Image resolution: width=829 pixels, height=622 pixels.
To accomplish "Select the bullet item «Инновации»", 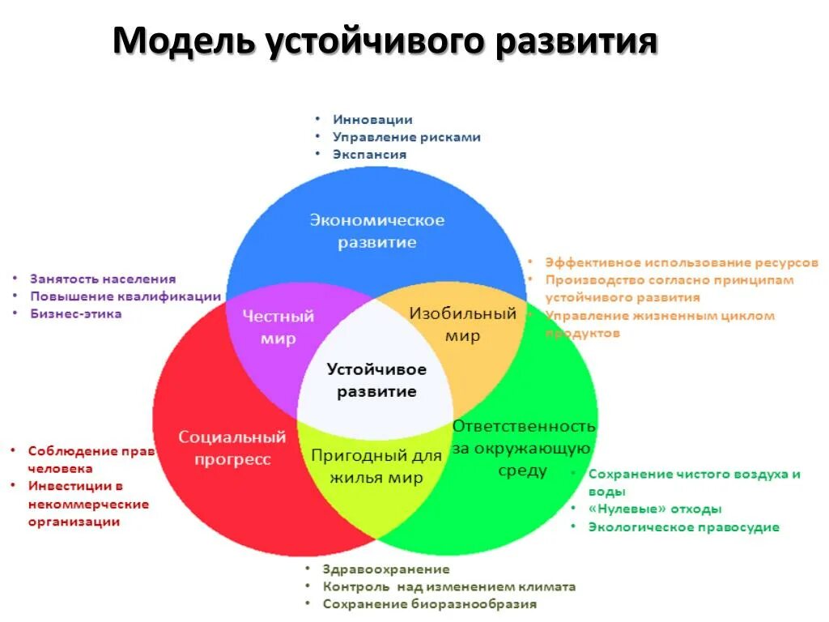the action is click(x=372, y=120).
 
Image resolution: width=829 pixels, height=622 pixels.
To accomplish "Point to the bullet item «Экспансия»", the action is click(x=369, y=154).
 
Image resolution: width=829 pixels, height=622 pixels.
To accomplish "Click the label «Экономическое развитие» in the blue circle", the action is click(x=376, y=231).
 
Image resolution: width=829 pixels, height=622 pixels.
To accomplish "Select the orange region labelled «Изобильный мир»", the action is click(x=462, y=324).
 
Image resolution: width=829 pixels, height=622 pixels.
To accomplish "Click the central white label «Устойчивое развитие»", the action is click(x=376, y=380).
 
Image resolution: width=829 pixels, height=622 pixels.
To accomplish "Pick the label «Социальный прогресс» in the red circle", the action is click(x=232, y=448).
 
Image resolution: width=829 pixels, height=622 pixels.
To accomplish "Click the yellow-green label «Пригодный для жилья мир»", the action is click(x=376, y=466).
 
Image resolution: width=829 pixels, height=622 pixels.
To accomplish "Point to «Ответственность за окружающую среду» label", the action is click(x=523, y=448).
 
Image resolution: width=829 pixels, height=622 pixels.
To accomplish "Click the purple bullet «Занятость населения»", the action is click(x=103, y=279).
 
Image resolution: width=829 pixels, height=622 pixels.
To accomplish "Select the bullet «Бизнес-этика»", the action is click(x=76, y=313).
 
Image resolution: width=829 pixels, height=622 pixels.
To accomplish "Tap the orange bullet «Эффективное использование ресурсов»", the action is click(x=681, y=262).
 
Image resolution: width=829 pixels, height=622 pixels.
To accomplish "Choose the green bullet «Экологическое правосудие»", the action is click(x=683, y=527).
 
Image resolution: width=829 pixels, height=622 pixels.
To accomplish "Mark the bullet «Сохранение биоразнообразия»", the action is click(x=429, y=604).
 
